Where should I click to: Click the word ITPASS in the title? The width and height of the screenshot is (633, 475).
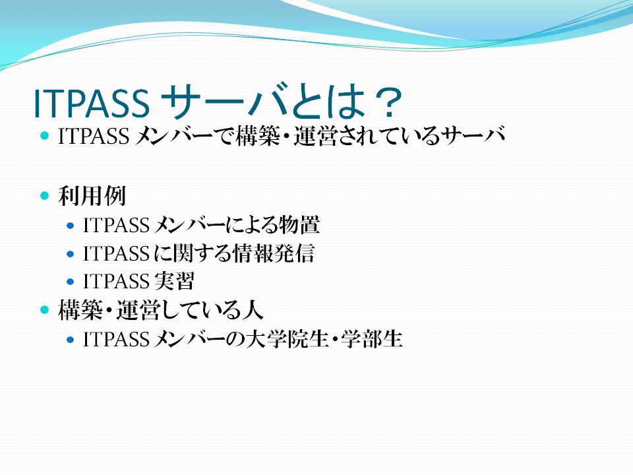pos(91,103)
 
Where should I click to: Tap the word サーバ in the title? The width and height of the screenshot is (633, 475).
pos(227,102)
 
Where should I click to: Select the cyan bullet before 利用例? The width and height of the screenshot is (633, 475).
pos(44,196)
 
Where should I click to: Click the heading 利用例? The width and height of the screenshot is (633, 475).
pos(92,196)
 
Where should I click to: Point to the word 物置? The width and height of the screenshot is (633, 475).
pos(299,225)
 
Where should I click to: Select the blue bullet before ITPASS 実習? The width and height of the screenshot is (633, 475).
pos(71,282)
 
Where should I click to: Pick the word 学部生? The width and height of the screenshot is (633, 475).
pos(372,339)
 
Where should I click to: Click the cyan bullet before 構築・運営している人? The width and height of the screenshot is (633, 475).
pos(44,310)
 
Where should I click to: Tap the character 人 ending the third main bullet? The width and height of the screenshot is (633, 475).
pos(253,310)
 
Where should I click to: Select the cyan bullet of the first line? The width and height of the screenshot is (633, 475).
pos(44,136)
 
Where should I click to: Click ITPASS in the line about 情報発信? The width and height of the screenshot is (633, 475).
pos(116,253)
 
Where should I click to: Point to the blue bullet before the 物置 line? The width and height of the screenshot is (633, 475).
pos(71,226)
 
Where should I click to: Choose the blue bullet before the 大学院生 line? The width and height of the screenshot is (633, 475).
pos(71,340)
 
